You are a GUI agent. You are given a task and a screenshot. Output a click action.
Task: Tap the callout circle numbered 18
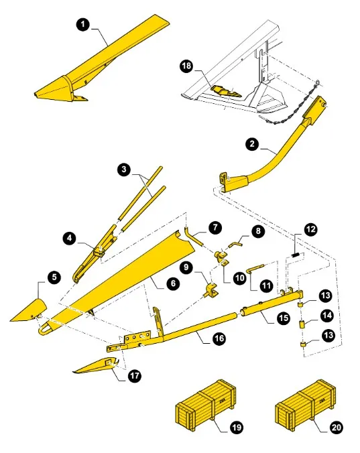(x=186, y=66)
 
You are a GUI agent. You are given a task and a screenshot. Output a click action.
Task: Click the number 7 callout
(x=214, y=227)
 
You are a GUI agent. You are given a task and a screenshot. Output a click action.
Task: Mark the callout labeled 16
(x=219, y=339)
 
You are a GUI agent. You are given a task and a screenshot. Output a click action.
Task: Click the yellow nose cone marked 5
(x=29, y=310)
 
